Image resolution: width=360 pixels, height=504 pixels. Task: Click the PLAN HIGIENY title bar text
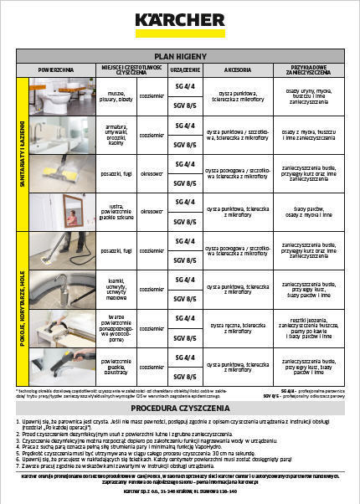click(x=180, y=54)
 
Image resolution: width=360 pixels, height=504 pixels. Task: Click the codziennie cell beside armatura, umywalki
click(x=152, y=134)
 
